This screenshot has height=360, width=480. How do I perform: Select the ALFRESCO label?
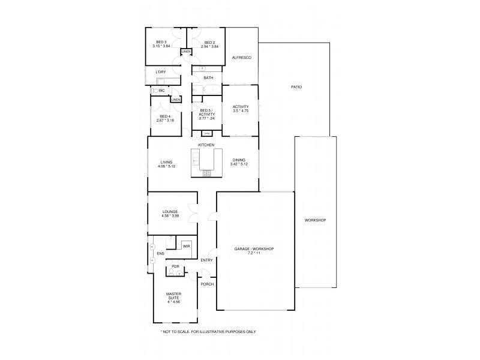point(241,58)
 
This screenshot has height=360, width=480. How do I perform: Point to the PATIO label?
point(296,87)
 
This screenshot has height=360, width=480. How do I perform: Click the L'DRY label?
point(160,72)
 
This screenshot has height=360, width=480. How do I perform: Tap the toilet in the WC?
point(155,91)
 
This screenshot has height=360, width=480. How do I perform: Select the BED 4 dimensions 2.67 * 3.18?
point(165,121)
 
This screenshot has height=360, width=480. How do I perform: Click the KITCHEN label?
point(206,145)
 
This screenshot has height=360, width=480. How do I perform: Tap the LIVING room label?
point(166,160)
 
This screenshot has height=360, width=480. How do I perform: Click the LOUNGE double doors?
point(193,212)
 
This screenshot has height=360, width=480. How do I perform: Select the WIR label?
point(186,247)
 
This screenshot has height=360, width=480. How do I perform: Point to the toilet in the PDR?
point(173,273)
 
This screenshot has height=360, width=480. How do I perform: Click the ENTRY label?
point(206,260)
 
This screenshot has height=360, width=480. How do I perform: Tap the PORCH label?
point(207,284)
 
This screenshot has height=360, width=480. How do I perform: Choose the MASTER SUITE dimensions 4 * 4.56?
point(175,298)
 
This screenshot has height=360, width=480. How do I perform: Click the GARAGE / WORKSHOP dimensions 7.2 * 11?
point(255,253)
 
